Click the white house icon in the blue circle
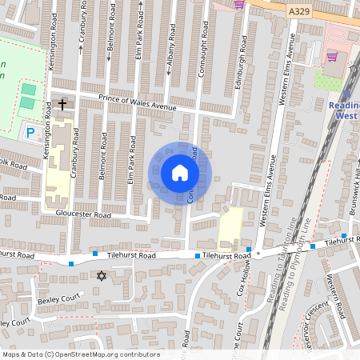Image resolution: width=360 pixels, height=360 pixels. (x=179, y=172)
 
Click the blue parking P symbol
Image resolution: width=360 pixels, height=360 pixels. (x=30, y=132)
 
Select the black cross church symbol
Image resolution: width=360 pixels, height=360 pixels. (x=62, y=104)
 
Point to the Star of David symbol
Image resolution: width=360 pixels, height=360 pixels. (x=101, y=276)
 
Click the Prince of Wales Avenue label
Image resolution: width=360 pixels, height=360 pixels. (x=137, y=102)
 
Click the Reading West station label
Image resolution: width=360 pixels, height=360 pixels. (x=344, y=110)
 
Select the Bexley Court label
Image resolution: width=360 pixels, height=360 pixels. (x=59, y=301)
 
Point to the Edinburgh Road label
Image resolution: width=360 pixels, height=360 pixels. (x=238, y=54)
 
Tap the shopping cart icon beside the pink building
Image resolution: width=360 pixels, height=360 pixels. (x=331, y=57)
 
